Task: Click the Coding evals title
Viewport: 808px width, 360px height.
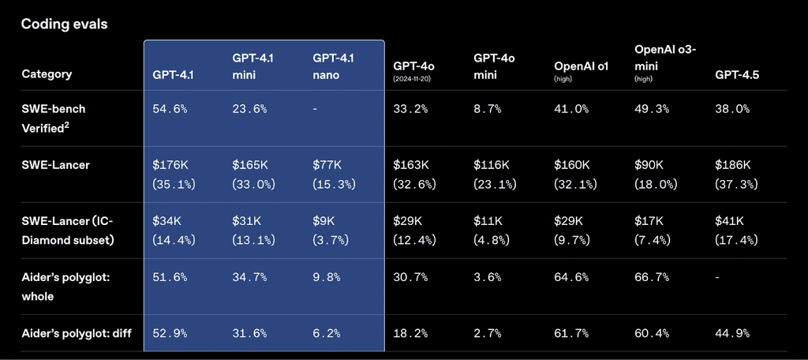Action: click(64, 24)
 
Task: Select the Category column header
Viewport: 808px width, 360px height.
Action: click(47, 74)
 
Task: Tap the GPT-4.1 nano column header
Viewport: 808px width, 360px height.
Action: click(334, 66)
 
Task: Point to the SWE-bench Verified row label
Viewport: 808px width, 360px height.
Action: click(54, 117)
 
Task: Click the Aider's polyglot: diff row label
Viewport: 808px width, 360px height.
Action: click(76, 332)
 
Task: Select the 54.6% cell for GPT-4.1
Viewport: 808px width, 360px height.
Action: click(170, 109)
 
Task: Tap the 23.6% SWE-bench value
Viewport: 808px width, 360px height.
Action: click(249, 109)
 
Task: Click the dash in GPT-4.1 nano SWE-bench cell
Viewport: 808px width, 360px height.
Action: click(315, 109)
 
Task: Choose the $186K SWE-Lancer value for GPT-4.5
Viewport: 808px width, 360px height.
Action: click(733, 165)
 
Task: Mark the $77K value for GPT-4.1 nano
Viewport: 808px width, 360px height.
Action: click(327, 165)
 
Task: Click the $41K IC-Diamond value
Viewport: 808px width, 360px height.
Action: click(730, 221)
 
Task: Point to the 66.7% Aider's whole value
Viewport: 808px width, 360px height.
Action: click(653, 277)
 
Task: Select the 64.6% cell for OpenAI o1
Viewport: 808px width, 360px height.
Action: click(572, 277)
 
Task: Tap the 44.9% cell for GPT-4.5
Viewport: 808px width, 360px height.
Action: click(733, 332)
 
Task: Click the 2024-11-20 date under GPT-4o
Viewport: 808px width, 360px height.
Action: click(415, 80)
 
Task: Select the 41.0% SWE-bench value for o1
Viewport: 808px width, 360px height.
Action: click(572, 109)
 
